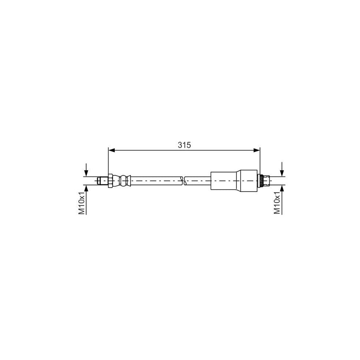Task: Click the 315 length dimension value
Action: click(x=184, y=145)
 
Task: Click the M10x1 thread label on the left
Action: click(x=82, y=203)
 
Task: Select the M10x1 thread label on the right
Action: click(x=277, y=203)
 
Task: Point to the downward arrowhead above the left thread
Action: click(x=86, y=173)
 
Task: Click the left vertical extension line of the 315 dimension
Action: click(x=108, y=160)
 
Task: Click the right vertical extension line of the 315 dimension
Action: click(x=260, y=160)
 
